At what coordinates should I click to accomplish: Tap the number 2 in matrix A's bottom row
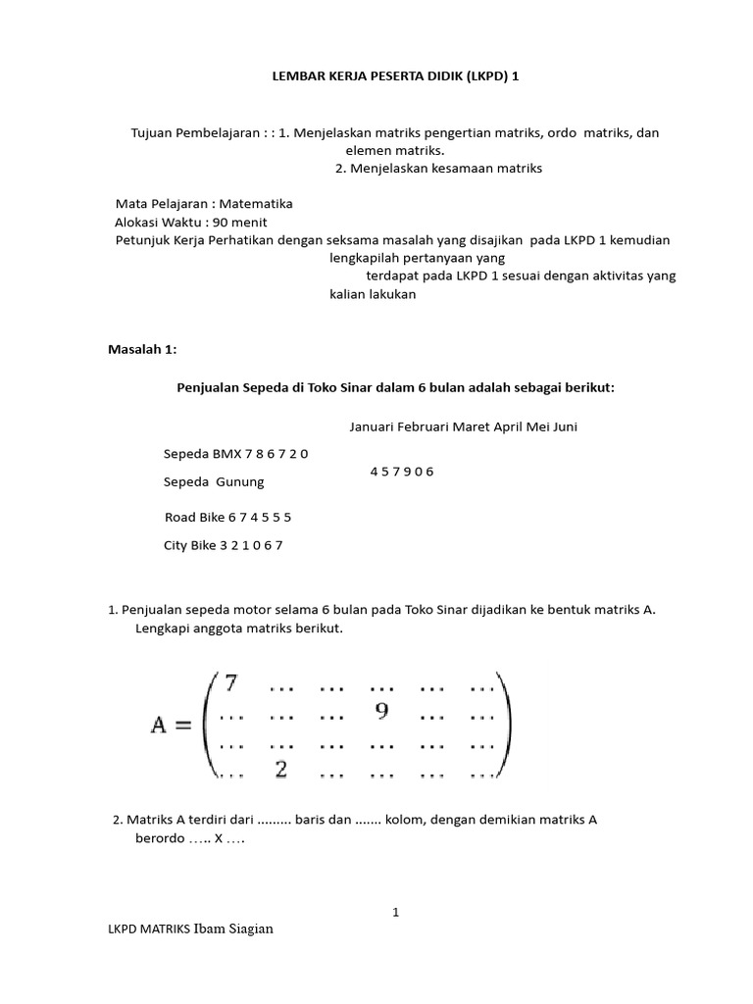click(280, 770)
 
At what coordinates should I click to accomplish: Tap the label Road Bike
click(194, 516)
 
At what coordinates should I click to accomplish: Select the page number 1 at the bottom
click(396, 912)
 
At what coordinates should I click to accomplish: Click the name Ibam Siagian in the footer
click(233, 929)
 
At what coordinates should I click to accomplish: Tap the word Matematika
click(256, 204)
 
